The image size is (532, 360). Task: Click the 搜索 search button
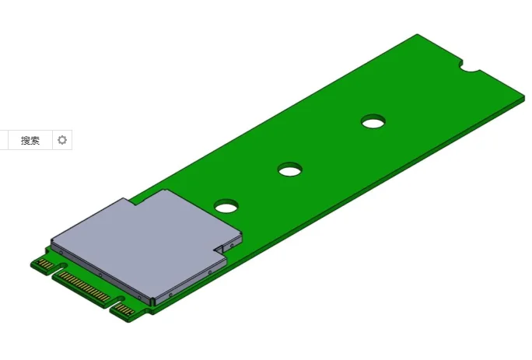click(x=30, y=141)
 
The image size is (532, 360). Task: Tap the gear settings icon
click(x=62, y=141)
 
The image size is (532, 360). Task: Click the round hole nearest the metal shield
click(x=226, y=205)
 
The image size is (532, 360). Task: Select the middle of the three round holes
click(x=290, y=169)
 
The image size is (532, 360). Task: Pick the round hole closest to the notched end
click(x=373, y=121)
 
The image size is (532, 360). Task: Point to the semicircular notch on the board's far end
click(x=471, y=68)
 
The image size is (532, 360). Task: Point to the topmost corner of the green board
click(x=418, y=35)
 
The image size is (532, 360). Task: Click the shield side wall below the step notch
click(x=191, y=280)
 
